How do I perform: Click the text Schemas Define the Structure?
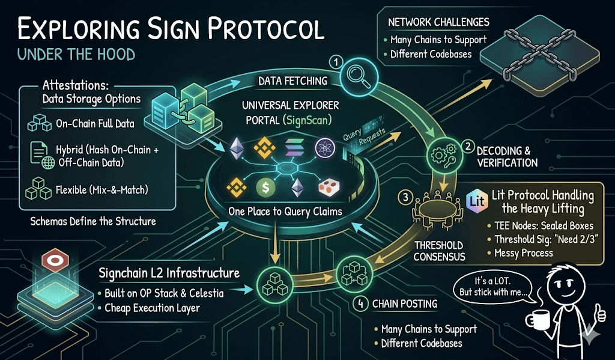pyautogui.click(x=93, y=221)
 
